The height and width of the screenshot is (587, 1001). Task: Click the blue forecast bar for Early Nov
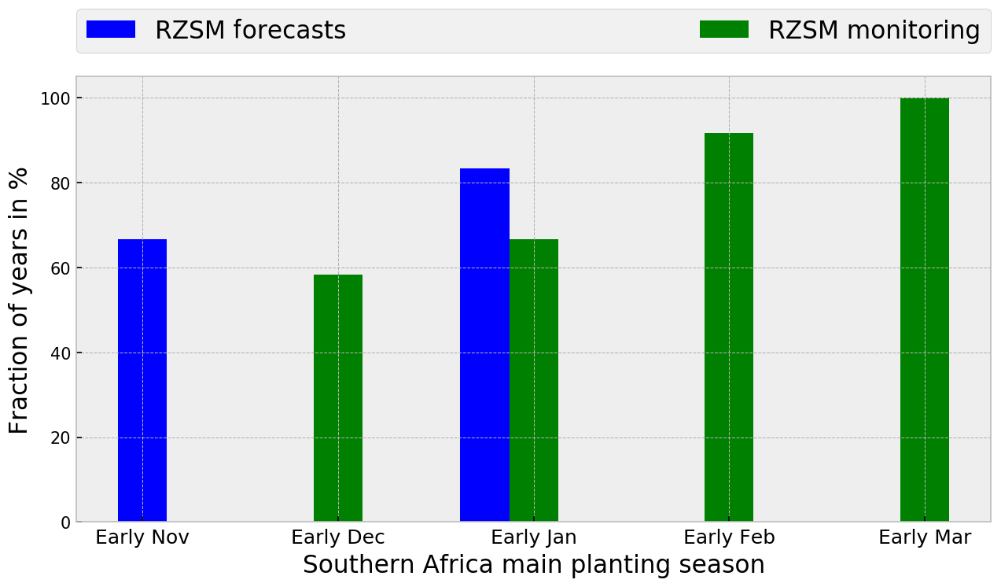coord(142,380)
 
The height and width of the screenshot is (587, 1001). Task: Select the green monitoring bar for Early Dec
coord(338,398)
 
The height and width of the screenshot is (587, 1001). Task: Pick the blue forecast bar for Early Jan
coord(484,345)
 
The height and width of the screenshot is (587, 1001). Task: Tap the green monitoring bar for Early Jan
coord(534,380)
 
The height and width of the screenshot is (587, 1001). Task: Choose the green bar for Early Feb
coord(729,327)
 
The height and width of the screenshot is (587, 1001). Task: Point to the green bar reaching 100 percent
coord(925,309)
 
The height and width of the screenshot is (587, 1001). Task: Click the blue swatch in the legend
coord(111,30)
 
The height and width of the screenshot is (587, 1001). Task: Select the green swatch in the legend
coord(724,30)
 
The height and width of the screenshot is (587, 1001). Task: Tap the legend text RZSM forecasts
coord(250,31)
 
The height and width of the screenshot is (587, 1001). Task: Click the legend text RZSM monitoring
coord(874,31)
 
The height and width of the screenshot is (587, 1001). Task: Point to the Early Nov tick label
coord(142,537)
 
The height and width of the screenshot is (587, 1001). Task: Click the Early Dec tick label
coord(338,537)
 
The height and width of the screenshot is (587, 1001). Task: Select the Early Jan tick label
coord(534,537)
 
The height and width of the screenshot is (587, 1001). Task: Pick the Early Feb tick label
coord(729,537)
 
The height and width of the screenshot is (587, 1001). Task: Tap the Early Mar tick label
coord(925,537)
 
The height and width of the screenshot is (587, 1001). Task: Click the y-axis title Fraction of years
coord(20,300)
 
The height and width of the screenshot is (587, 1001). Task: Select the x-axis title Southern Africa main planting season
coord(533,565)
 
